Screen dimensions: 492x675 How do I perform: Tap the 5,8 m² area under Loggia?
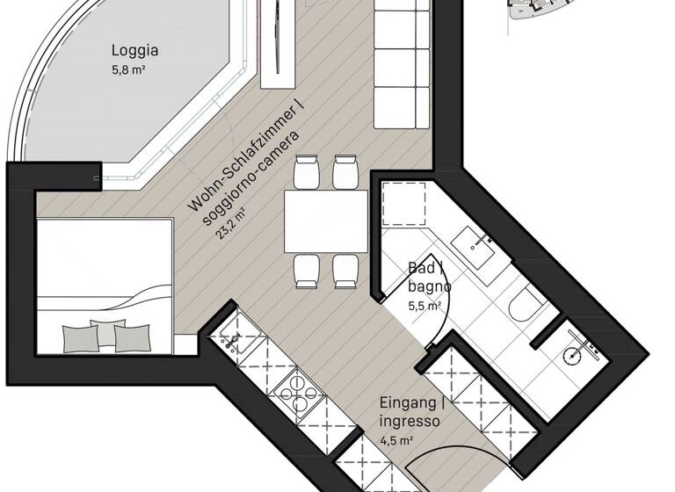128,70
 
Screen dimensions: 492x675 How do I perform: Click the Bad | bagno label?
430,278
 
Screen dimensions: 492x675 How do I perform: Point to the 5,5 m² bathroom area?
424,306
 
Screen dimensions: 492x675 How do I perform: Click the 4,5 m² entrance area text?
397,441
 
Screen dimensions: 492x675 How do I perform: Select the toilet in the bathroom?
526,307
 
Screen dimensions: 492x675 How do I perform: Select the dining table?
325,220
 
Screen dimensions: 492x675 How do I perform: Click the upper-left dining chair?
307,171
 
